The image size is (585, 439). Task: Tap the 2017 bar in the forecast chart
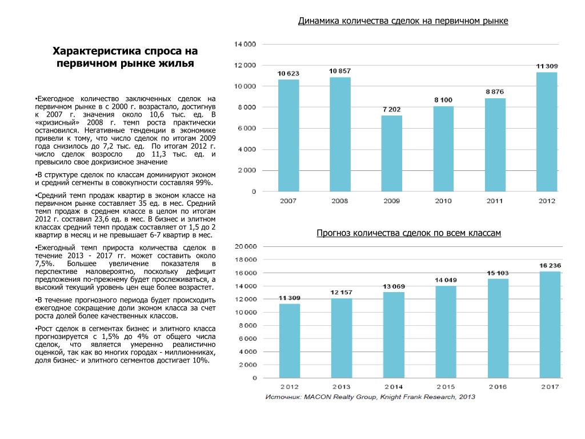click(550, 325)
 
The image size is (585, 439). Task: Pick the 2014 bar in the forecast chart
click(394, 335)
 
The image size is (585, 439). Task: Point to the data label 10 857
click(340, 71)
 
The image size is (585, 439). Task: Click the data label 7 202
click(392, 109)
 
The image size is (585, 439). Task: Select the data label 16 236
click(551, 265)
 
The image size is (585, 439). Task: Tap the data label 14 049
click(446, 280)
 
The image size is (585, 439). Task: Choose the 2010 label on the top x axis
click(443, 201)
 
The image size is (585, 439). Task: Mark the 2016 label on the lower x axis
click(498, 387)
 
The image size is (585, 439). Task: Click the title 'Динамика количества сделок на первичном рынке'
click(403, 21)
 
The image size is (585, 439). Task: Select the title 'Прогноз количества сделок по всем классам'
click(408, 233)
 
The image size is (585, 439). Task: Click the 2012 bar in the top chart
click(547, 131)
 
